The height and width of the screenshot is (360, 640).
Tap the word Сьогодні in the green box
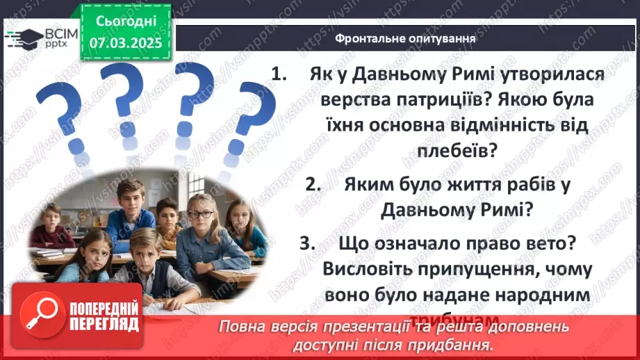126,22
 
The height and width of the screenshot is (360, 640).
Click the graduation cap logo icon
24,39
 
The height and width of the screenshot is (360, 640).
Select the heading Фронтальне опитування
404,38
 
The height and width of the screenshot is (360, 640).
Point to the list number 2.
312,184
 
